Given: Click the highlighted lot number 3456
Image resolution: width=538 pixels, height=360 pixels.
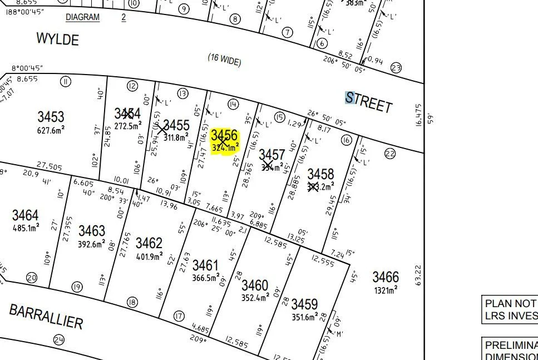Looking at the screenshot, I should click(x=224, y=136).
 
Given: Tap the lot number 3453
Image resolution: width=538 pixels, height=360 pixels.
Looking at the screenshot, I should click(x=51, y=117).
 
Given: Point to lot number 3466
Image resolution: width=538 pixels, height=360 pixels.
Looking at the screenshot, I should click(x=386, y=277).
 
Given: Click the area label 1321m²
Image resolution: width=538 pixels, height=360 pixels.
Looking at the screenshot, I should click(x=386, y=290).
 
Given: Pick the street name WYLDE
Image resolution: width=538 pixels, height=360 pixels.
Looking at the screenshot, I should click(x=57, y=39).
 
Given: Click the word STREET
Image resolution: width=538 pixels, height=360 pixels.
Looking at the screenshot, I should click(x=369, y=102).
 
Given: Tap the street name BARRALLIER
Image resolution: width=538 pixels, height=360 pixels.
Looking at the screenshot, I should click(x=46, y=316).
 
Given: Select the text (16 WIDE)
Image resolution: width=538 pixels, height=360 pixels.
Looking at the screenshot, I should click(x=225, y=60).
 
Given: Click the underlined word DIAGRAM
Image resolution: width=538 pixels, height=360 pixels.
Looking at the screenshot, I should click(x=82, y=17).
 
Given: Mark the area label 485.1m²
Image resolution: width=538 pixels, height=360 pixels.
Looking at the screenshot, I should click(x=26, y=228).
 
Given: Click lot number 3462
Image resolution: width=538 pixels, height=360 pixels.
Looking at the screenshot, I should click(x=149, y=243).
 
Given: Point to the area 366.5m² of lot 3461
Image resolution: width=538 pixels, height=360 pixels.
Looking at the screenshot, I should click(x=205, y=278).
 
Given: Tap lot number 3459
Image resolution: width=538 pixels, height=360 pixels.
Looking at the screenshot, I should click(x=304, y=304).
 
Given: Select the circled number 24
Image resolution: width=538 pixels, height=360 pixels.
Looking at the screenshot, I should click(x=59, y=339).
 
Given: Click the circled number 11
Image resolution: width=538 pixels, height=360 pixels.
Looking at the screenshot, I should click(x=66, y=82).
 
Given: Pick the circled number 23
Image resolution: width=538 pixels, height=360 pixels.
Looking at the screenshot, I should click(x=396, y=68).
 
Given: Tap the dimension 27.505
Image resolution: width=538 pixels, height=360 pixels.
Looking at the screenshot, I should click(x=49, y=165).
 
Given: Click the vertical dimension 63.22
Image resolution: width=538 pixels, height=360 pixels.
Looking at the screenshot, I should click(x=418, y=275).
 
